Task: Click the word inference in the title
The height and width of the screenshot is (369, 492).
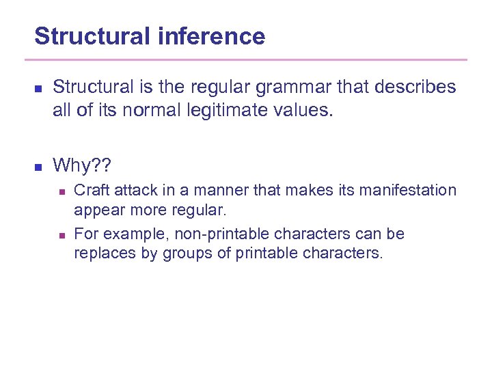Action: tap(211, 36)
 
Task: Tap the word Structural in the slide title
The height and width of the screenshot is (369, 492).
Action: tap(93, 36)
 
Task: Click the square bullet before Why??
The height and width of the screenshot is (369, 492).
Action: tap(38, 167)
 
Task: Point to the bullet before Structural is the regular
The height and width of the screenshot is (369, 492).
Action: tap(38, 89)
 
